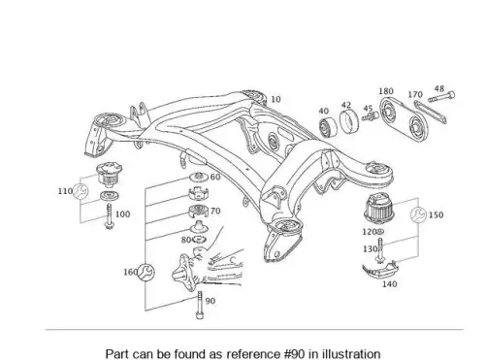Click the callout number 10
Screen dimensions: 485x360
click(275, 99)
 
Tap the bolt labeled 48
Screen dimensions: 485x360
click(441, 97)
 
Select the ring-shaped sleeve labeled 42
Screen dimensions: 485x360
click(349, 121)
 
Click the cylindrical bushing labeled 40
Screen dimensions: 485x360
click(328, 127)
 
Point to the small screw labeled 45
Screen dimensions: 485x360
click(371, 116)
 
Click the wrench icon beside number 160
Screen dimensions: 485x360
click(146, 272)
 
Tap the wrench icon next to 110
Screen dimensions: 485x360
click(80, 191)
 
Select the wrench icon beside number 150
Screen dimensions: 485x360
click(418, 214)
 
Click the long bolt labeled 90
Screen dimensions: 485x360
click(200, 305)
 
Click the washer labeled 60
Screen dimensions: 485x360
click(199, 177)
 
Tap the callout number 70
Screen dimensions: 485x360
click(215, 211)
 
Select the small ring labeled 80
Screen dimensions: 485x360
click(199, 240)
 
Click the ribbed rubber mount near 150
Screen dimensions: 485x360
click(380, 208)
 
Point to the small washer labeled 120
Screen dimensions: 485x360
click(380, 232)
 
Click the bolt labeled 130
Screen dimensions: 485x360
click(380, 250)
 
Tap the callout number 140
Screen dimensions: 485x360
click(389, 284)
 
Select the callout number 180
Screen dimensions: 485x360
click(386, 91)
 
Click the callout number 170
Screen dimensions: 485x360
click(415, 94)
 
